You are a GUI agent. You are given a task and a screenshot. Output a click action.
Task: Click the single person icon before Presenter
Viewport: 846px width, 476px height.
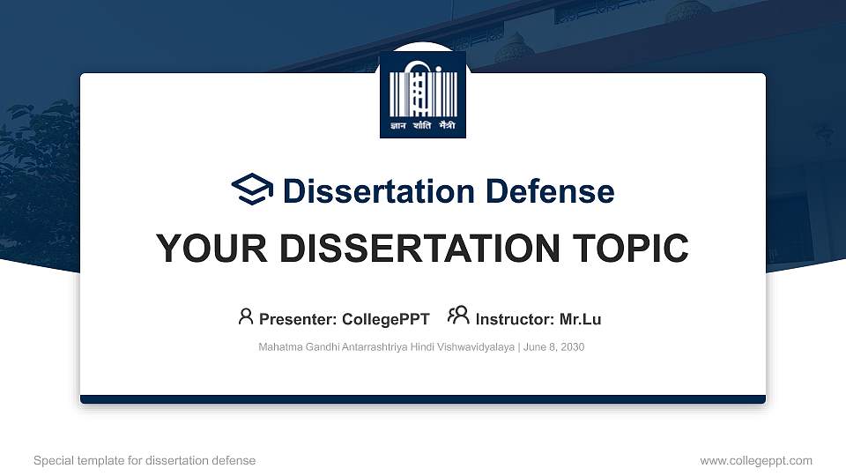246,316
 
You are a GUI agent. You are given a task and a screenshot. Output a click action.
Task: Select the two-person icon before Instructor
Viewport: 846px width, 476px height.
458,316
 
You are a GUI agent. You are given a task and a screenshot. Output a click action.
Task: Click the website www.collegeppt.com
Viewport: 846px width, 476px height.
756,460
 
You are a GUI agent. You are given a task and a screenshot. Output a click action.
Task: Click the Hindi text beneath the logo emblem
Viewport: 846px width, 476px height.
422,126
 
